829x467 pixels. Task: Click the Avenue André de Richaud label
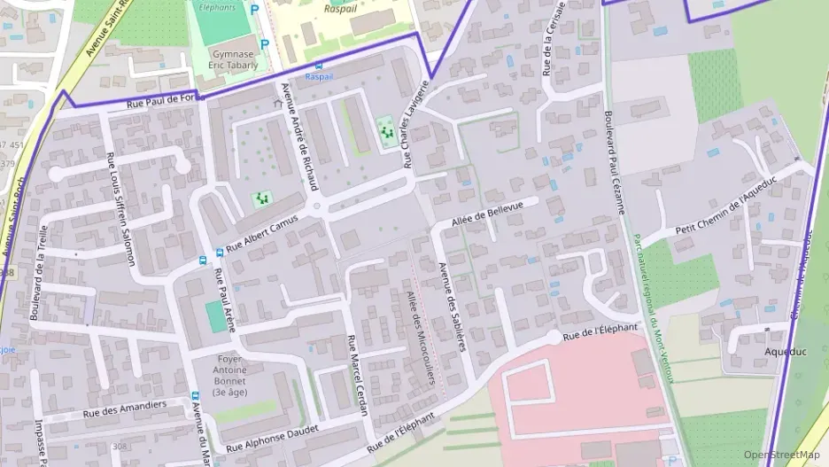[x=298, y=137]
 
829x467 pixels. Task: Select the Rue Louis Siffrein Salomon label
[x=120, y=209]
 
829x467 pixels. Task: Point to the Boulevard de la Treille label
[x=38, y=272]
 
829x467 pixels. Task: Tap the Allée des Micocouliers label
[x=421, y=336]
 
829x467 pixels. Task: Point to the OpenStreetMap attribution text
[x=781, y=454]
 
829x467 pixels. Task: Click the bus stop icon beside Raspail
[x=319, y=66]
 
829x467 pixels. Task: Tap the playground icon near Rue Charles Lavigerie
[x=385, y=130]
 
